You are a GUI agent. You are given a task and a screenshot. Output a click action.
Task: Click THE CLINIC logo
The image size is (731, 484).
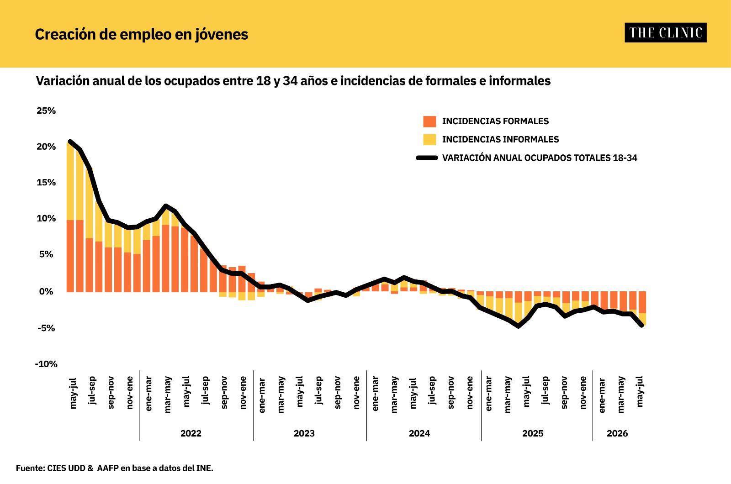[666, 32]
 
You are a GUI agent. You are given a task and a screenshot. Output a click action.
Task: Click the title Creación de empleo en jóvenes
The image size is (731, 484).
[142, 35]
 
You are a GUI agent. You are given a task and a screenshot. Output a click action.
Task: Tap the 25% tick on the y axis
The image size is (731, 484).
[46, 110]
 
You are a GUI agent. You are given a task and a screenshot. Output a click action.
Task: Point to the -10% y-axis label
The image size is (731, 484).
[46, 364]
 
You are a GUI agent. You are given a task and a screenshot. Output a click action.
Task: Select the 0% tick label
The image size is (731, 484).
[46, 291]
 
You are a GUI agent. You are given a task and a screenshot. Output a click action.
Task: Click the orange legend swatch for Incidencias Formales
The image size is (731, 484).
[429, 121]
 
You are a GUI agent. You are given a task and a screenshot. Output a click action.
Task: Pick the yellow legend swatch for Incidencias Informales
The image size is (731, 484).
[429, 140]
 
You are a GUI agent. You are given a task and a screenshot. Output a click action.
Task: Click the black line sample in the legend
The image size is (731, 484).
[427, 158]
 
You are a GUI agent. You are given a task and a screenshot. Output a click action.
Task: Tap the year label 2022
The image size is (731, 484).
[191, 433]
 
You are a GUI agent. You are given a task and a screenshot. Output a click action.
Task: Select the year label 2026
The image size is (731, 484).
[617, 433]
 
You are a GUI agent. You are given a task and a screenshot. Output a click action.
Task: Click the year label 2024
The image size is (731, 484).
[419, 433]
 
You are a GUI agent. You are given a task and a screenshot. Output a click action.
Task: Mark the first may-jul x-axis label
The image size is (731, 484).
[73, 393]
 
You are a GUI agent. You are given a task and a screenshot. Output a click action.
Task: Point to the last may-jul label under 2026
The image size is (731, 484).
[640, 391]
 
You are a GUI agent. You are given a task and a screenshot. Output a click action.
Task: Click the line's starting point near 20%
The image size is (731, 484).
[70, 142]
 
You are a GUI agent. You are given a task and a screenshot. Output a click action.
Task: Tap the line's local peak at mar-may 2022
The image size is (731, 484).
[166, 206]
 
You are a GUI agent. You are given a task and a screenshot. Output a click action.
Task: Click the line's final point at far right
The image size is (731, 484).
[642, 325]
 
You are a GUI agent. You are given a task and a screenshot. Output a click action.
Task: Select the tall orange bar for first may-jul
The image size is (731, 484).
[70, 256]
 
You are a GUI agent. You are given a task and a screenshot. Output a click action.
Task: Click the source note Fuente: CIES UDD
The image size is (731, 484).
[115, 468]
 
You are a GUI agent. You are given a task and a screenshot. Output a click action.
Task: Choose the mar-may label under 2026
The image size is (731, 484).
[621, 395]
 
